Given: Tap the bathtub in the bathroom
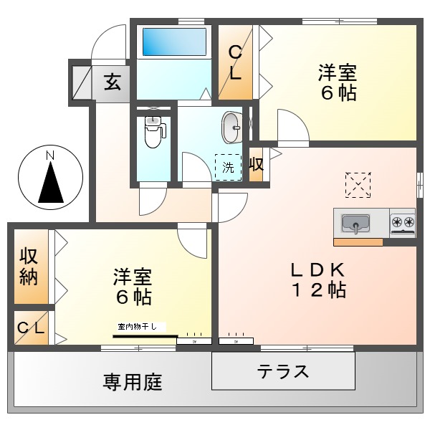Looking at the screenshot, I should point(174,42).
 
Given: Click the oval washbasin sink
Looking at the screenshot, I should point(232,128).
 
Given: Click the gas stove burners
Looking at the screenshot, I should point(402,222).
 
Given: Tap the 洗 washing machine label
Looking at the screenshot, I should point(228,168).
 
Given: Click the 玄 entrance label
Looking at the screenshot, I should point(112,82).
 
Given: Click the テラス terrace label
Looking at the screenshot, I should point(283,371).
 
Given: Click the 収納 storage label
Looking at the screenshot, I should point(29,266).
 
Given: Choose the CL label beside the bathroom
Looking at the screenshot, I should point(235,62).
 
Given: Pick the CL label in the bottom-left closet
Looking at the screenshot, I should point(32,329).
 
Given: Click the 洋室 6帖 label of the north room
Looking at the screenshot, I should point(338,82).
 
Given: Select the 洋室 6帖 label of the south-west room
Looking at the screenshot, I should point(132,287).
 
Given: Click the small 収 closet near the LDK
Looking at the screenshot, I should point(256,164).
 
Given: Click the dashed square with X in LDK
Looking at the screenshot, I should point(358,184).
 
